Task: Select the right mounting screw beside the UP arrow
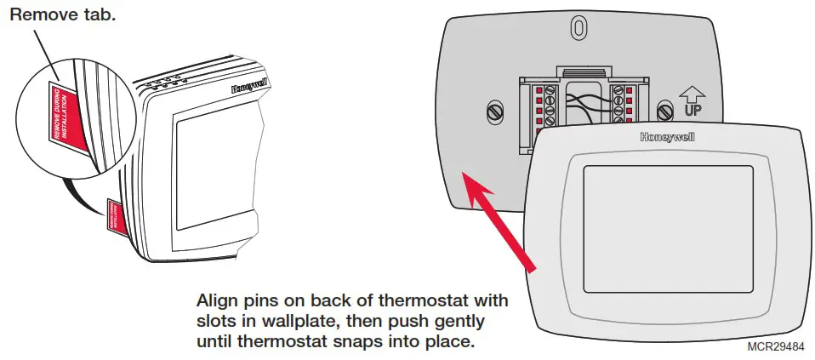click(665, 110)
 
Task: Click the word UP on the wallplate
click(694, 110)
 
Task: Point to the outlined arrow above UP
click(693, 92)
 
